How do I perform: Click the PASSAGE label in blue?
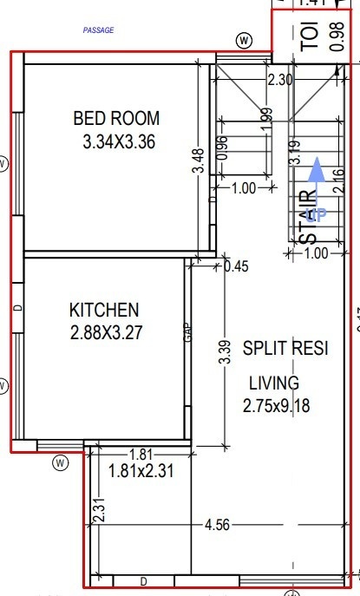click(x=98, y=29)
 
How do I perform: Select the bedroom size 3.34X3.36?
click(x=119, y=143)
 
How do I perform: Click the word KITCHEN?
click(x=104, y=310)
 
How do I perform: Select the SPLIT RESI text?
click(x=285, y=349)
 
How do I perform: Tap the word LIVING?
click(x=274, y=383)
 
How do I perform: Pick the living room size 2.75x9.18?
click(x=278, y=403)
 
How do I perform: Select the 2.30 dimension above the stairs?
click(x=279, y=80)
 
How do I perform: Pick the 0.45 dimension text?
click(x=236, y=266)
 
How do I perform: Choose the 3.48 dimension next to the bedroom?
click(x=199, y=162)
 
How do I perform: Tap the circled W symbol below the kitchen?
click(x=60, y=462)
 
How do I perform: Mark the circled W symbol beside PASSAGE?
click(x=245, y=40)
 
